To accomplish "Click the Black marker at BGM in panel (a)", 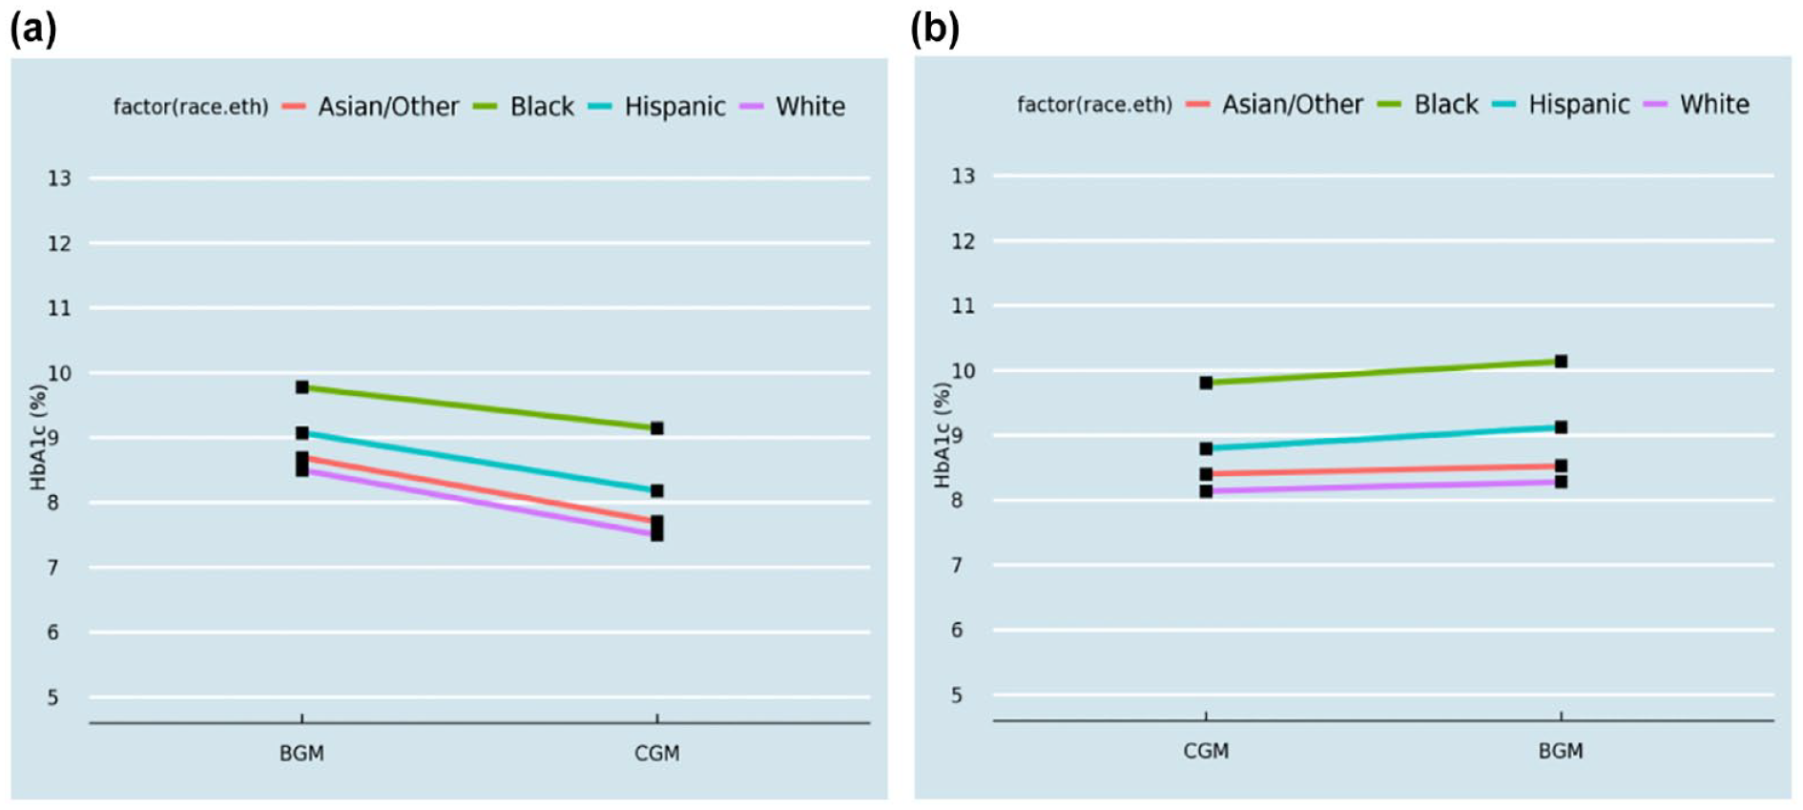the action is (x=302, y=387).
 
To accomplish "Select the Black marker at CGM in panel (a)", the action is (x=657, y=428).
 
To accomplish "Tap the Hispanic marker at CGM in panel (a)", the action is (x=657, y=491).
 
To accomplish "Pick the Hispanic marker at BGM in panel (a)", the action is (x=302, y=433).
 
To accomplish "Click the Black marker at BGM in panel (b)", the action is (x=1561, y=362).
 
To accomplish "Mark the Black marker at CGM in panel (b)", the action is (x=1206, y=383).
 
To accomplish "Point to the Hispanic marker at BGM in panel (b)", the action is (x=1561, y=427).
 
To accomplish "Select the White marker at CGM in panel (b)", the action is (x=1206, y=491).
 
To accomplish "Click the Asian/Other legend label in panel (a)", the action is (x=388, y=107).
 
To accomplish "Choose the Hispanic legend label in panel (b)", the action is (x=1579, y=105).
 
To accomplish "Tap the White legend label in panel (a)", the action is (x=810, y=107).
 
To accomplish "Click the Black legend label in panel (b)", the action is (x=1446, y=105).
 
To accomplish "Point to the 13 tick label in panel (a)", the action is (x=59, y=178).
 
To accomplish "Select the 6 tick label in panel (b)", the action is (x=957, y=630).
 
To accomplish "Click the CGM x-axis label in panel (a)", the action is (x=657, y=754).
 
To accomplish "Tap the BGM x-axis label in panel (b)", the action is (x=1561, y=752).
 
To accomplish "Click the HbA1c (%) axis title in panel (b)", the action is (x=943, y=435).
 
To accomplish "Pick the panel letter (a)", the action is (x=33, y=29).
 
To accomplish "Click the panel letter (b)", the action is (x=935, y=29).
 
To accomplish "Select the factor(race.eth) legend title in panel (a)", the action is (x=191, y=107).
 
